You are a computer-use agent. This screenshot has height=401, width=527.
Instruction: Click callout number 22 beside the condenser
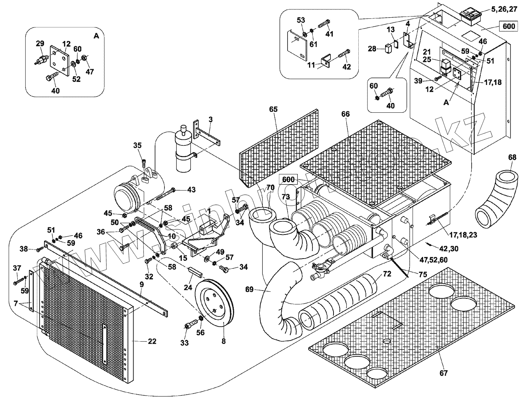(x=152, y=342)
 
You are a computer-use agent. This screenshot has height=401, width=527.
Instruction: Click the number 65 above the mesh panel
(x=273, y=109)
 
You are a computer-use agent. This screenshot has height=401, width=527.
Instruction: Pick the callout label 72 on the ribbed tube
(x=387, y=274)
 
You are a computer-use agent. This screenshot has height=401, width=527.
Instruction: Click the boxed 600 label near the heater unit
(x=288, y=179)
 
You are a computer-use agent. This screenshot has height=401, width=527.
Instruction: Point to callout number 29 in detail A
(x=40, y=44)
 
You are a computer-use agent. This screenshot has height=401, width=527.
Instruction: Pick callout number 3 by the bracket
(x=210, y=120)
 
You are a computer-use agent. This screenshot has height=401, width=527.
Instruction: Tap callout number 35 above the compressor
(x=137, y=145)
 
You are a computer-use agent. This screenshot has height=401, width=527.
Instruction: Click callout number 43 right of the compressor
(x=191, y=190)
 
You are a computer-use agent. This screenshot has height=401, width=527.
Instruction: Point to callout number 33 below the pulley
(x=184, y=343)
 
